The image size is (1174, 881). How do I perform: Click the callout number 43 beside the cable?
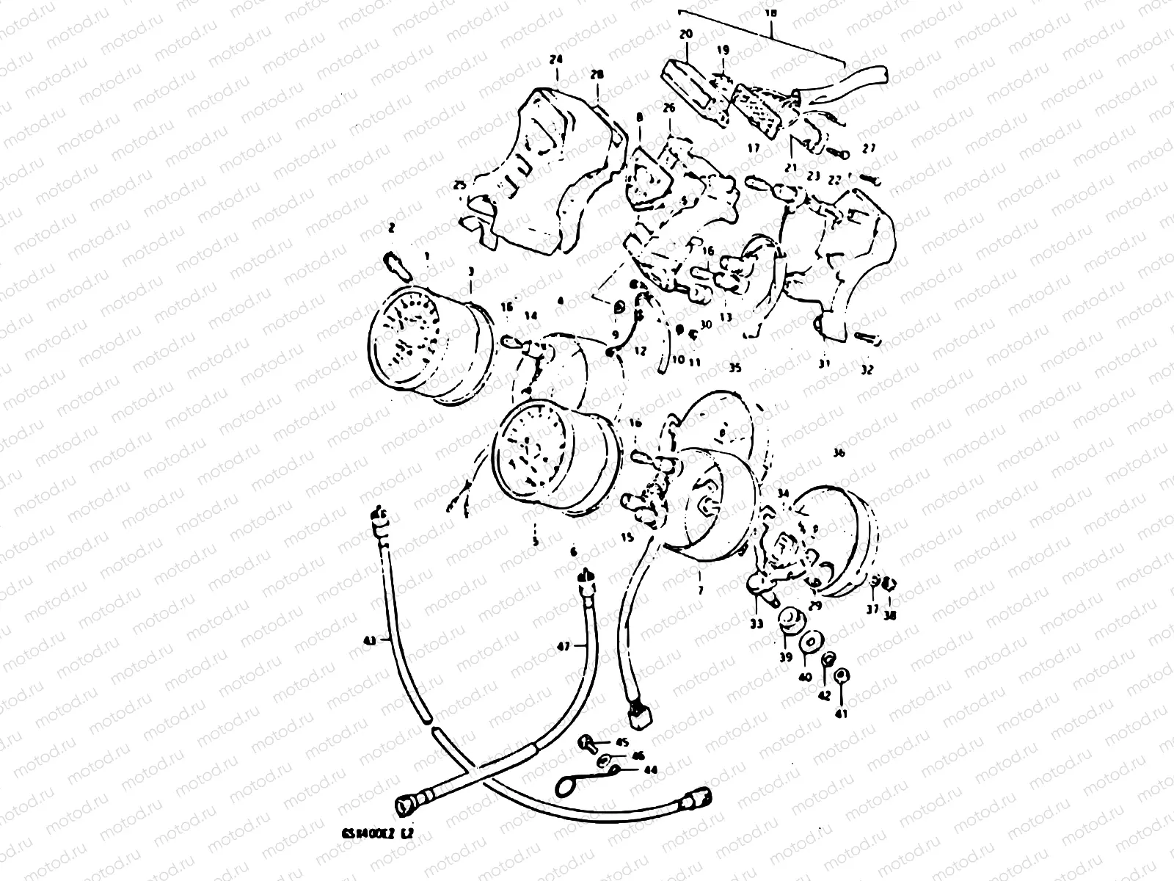coord(369,641)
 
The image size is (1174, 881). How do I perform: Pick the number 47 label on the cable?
coord(563,646)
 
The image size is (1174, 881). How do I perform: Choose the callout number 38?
coord(890,615)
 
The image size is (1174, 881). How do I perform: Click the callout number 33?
coord(756,623)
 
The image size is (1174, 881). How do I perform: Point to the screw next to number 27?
coord(838,153)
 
